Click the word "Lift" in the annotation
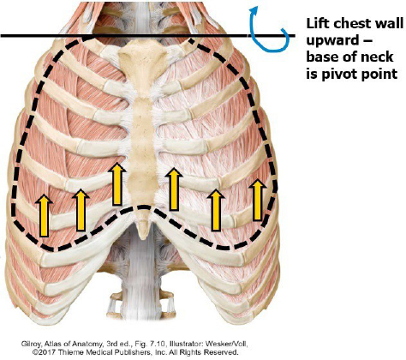click(x=318, y=23)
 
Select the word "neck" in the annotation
click(x=378, y=57)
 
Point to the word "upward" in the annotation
click(x=331, y=41)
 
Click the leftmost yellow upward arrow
click(x=44, y=215)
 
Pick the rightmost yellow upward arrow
click(x=258, y=200)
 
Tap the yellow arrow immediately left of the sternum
click(x=116, y=184)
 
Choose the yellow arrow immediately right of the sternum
click(x=174, y=189)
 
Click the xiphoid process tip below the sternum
click(x=143, y=237)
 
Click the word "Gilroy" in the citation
click(x=30, y=344)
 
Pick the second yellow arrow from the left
click(x=81, y=210)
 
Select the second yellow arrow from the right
click(x=216, y=210)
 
